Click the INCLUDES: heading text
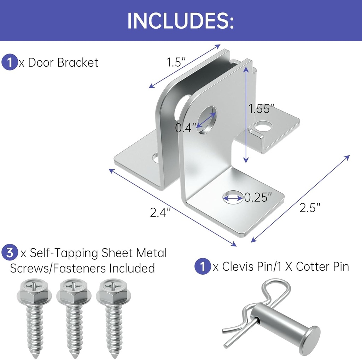pyautogui.click(x=181, y=21)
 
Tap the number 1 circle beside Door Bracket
pyautogui.click(x=10, y=62)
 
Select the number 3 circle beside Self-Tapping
pyautogui.click(x=10, y=252)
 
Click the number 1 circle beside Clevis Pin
pyautogui.click(x=203, y=266)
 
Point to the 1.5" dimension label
pyautogui.click(x=176, y=62)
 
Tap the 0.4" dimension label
pyautogui.click(x=185, y=128)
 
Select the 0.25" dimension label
pyautogui.click(x=258, y=197)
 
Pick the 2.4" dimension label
pyautogui.click(x=160, y=212)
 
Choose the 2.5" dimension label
pyautogui.click(x=310, y=207)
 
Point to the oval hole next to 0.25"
pyautogui.click(x=233, y=197)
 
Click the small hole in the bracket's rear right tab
pyautogui.click(x=263, y=126)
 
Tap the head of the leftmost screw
pyautogui.click(x=34, y=292)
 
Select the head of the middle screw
pyautogui.click(x=74, y=292)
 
